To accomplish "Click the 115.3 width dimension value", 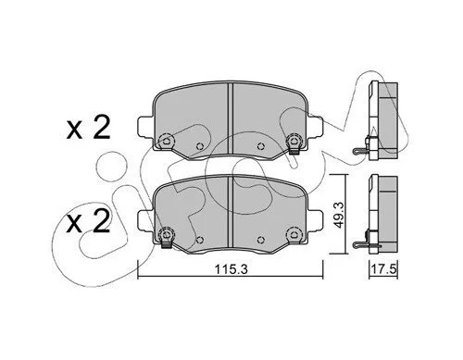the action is point(231,269).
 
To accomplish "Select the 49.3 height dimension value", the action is point(338,216).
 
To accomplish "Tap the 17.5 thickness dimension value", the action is point(383,269).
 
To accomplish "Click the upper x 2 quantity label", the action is point(88,128).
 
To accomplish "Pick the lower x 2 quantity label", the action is point(88,222).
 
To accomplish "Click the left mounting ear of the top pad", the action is point(144,127).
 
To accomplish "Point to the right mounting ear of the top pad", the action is point(315,126).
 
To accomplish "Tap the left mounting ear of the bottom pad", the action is point(144,220).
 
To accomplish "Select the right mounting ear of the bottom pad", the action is point(315,219).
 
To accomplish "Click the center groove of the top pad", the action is point(230,118).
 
